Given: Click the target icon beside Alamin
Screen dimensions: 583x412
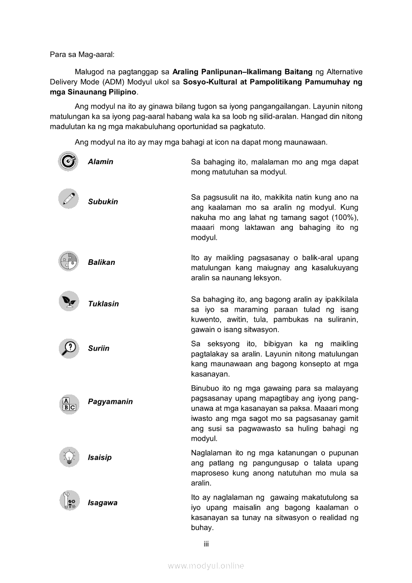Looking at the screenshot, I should click(68, 161).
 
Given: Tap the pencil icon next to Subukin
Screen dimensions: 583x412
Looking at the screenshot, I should click(68, 199).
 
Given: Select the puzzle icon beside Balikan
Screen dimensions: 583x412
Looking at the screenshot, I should click(68, 261).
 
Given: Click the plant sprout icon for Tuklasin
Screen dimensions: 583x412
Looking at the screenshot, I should click(68, 301).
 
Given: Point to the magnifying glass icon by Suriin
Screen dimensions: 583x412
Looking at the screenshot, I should click(68, 348).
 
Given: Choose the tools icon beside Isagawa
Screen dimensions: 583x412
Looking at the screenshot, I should click(68, 501).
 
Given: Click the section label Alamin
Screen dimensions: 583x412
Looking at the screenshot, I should click(100, 162).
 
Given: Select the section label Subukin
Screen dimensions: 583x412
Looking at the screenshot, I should click(103, 202).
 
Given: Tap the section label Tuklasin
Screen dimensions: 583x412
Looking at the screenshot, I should click(103, 304).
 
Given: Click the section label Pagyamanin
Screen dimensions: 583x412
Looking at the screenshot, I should click(110, 401).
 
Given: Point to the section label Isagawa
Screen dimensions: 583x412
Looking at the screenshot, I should click(103, 503).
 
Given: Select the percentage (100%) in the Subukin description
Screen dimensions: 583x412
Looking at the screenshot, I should click(346, 217).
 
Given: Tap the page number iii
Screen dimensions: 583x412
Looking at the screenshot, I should click(206, 544).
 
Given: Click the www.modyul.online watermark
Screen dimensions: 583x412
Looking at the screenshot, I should click(206, 566).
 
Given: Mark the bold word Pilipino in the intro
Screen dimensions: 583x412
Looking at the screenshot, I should click(119, 92).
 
